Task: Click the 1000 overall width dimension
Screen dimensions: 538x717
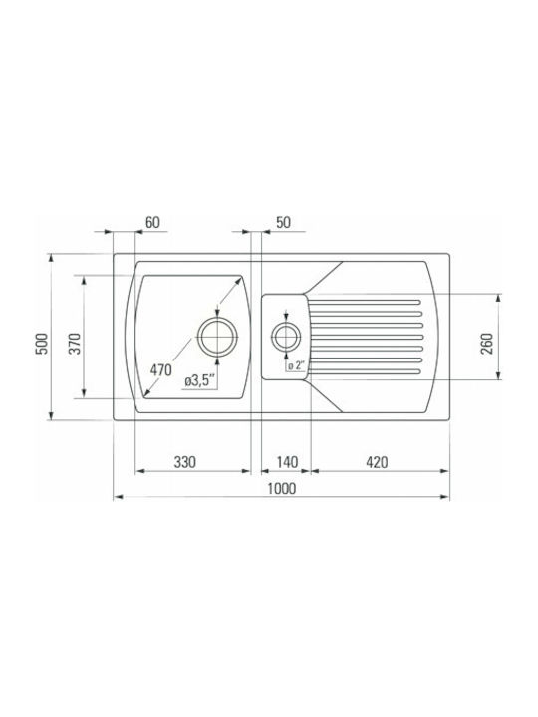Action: coord(281,488)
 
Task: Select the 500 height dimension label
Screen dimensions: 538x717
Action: coord(42,343)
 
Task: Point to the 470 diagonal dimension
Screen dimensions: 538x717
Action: coord(161,369)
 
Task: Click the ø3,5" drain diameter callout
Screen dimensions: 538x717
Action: coord(200,380)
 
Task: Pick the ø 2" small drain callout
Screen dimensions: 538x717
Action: coord(297,365)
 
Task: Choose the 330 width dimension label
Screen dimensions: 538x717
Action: coord(185,462)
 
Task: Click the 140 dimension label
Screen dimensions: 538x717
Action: coord(287,462)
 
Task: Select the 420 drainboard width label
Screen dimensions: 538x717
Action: coord(377,462)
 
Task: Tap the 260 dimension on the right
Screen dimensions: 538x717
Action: coord(487,344)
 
